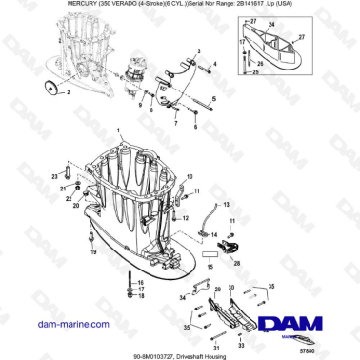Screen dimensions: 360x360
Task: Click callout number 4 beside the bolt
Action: point(215,64)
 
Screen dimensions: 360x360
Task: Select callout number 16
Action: point(140,283)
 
